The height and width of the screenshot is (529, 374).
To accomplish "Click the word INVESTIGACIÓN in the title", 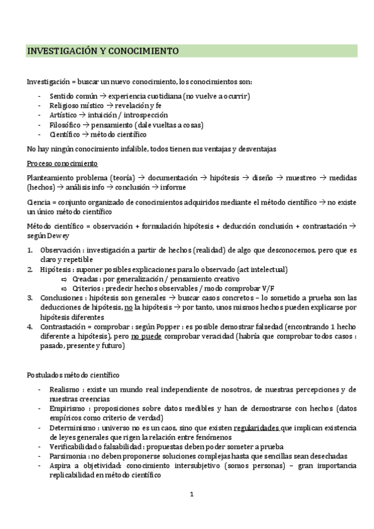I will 61,51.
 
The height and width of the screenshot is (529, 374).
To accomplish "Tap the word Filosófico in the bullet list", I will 64,125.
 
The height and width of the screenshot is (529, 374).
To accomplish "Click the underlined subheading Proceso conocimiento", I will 62,163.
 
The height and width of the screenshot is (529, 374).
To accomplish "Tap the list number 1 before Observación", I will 30,250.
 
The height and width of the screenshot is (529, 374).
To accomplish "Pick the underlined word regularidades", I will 257,427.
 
